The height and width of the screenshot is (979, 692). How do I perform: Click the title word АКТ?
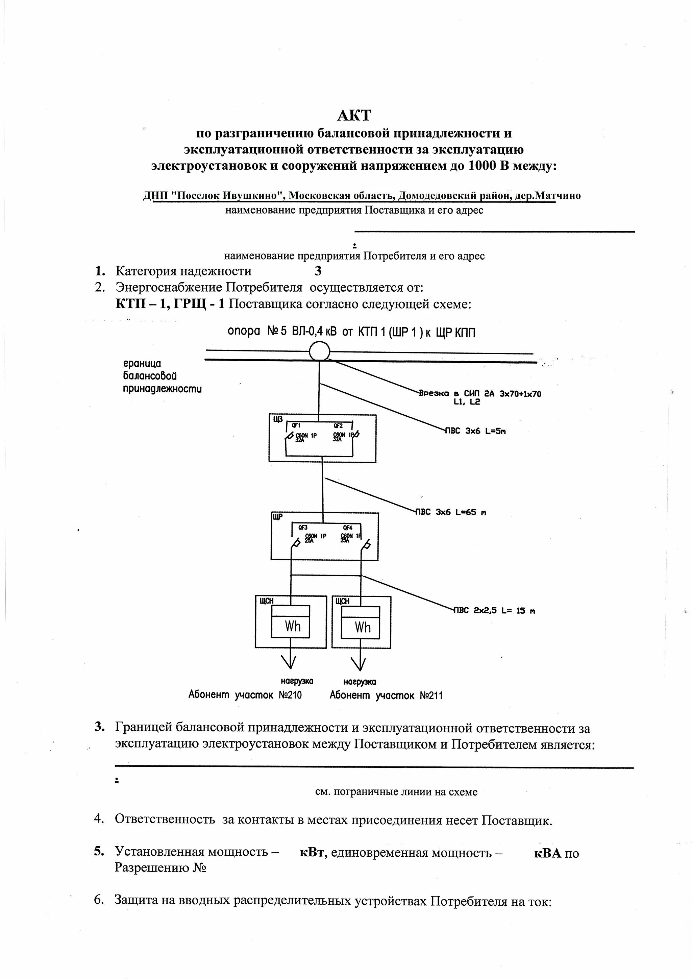354,115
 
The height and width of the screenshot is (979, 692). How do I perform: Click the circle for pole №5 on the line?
319,352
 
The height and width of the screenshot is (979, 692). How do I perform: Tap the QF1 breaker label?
296,425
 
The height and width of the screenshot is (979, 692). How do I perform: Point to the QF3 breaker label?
303,528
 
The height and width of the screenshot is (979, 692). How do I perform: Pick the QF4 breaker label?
347,528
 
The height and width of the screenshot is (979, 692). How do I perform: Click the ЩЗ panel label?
277,420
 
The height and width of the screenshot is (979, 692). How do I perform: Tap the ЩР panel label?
277,518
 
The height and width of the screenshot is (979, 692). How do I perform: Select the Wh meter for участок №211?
363,627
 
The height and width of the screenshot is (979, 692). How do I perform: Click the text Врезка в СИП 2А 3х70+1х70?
480,394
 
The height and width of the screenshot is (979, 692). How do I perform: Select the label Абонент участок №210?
245,695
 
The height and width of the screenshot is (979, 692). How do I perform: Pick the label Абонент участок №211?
386,695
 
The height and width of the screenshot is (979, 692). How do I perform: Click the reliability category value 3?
318,271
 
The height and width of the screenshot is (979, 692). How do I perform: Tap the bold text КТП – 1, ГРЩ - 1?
170,304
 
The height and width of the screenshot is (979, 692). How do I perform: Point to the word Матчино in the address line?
557,196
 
